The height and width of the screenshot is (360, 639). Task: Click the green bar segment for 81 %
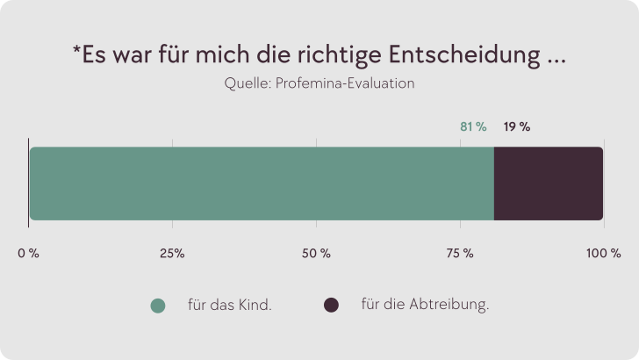[x=262, y=184]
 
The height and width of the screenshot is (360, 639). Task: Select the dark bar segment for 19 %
[x=549, y=184]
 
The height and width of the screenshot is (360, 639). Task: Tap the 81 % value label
[x=473, y=127]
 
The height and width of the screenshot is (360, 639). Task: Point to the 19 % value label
[x=516, y=127]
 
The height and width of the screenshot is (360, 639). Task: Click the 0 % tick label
[x=29, y=254]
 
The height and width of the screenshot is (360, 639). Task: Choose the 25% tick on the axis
[x=172, y=254]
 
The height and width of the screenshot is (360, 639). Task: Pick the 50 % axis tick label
[x=316, y=254]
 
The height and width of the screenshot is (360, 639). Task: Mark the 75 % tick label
[x=459, y=254]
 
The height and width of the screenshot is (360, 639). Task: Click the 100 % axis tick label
[x=603, y=254]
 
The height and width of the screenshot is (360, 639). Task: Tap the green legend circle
[x=158, y=306]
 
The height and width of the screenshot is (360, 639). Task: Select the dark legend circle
[x=331, y=306]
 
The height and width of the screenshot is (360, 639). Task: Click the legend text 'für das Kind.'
[x=229, y=306]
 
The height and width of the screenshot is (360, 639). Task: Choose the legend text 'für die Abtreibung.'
[x=425, y=306]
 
